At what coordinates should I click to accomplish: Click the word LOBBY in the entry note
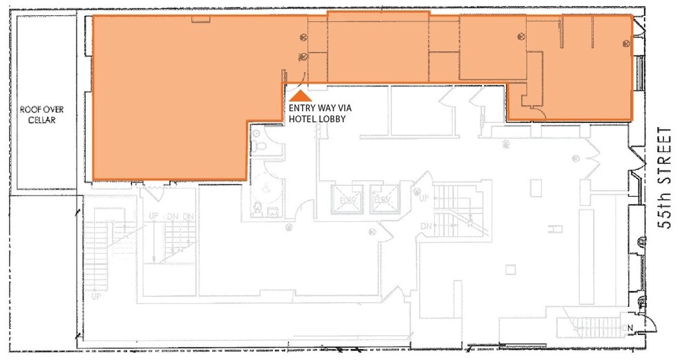[332, 118]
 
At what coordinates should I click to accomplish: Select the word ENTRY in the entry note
[303, 108]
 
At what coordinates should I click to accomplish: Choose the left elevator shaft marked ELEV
[343, 198]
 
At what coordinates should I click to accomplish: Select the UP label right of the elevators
[426, 198]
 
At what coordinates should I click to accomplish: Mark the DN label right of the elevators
[426, 225]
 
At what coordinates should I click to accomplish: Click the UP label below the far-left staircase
[96, 296]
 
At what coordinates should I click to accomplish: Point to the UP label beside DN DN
[153, 216]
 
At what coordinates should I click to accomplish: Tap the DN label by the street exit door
[628, 327]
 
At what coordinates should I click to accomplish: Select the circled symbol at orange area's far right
[625, 43]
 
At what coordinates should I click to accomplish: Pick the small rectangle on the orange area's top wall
[200, 19]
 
